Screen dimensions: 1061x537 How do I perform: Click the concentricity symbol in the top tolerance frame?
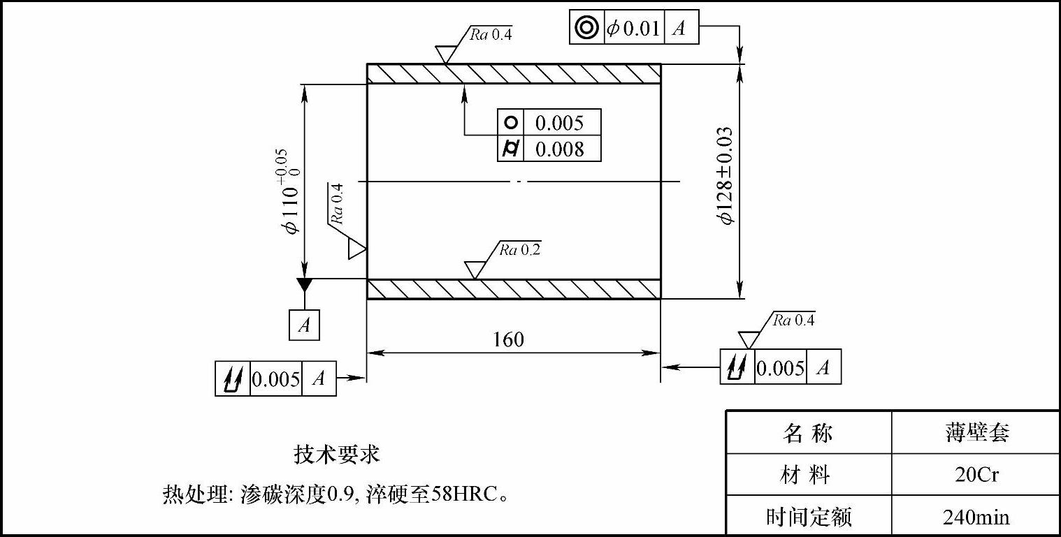586,28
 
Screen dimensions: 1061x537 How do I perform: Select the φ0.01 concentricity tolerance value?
633,29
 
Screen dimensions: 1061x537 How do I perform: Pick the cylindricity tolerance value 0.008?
559,149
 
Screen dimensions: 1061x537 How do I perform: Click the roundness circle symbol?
511,122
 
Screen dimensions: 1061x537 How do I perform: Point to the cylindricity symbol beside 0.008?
511,149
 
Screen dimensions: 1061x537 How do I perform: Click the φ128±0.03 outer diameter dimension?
726,175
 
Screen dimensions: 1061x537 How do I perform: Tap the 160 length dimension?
508,339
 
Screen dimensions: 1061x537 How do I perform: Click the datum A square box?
304,325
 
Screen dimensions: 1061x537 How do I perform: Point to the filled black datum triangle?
304,284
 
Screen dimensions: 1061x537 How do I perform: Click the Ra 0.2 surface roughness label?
519,250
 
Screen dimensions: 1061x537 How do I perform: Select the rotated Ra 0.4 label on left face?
336,203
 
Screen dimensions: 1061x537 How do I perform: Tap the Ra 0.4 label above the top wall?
491,35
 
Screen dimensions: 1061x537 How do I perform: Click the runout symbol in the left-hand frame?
233,379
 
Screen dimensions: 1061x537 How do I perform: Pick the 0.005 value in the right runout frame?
781,368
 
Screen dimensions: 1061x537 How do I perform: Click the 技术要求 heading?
337,455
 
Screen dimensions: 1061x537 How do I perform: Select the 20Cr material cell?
976,475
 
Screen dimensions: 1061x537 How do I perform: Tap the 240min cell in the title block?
976,517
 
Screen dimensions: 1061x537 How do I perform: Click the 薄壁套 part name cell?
976,433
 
